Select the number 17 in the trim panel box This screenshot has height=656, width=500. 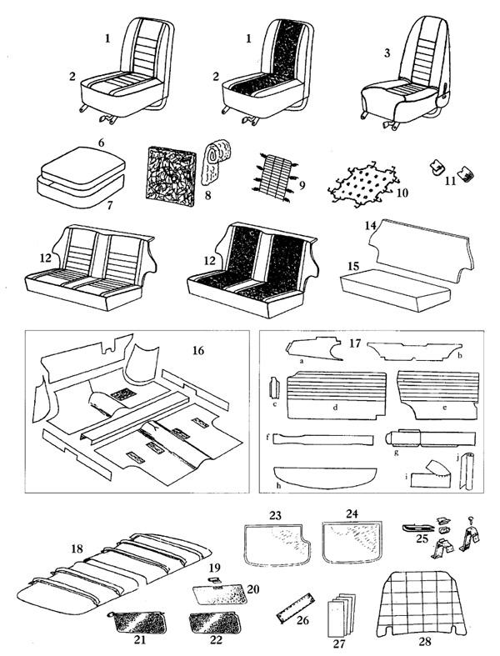(355, 343)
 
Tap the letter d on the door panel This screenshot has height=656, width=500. (333, 411)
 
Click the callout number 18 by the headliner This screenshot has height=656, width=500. (76, 548)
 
